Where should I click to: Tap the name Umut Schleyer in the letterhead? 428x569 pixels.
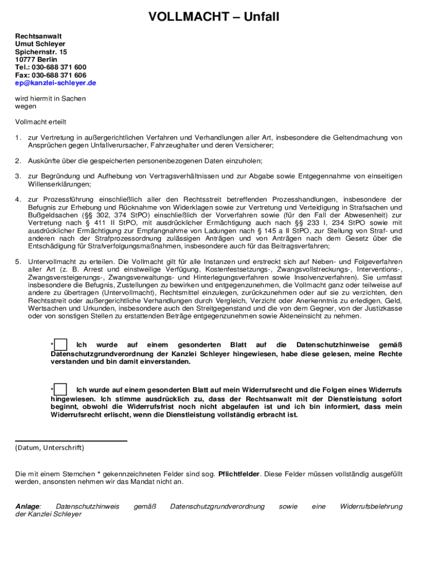[x=40, y=44]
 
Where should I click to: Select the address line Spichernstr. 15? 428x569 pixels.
[x=41, y=52]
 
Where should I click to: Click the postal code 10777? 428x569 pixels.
[x=25, y=59]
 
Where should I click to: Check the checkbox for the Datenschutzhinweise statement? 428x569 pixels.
[x=61, y=345]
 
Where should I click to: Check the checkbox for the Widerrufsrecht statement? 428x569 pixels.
[x=61, y=390]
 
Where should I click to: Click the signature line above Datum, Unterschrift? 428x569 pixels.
[x=71, y=441]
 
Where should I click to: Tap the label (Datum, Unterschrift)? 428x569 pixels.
[x=49, y=448]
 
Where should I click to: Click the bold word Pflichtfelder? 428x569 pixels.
[x=239, y=474]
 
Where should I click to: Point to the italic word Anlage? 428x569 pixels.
[x=28, y=506]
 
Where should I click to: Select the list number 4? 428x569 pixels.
[x=18, y=199]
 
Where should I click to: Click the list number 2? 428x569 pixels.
[x=18, y=161]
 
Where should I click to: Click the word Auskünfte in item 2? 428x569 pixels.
[x=44, y=161]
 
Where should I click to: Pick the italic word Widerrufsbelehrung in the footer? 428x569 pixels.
[x=371, y=506]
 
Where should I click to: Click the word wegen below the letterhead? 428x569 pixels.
[x=26, y=106]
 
